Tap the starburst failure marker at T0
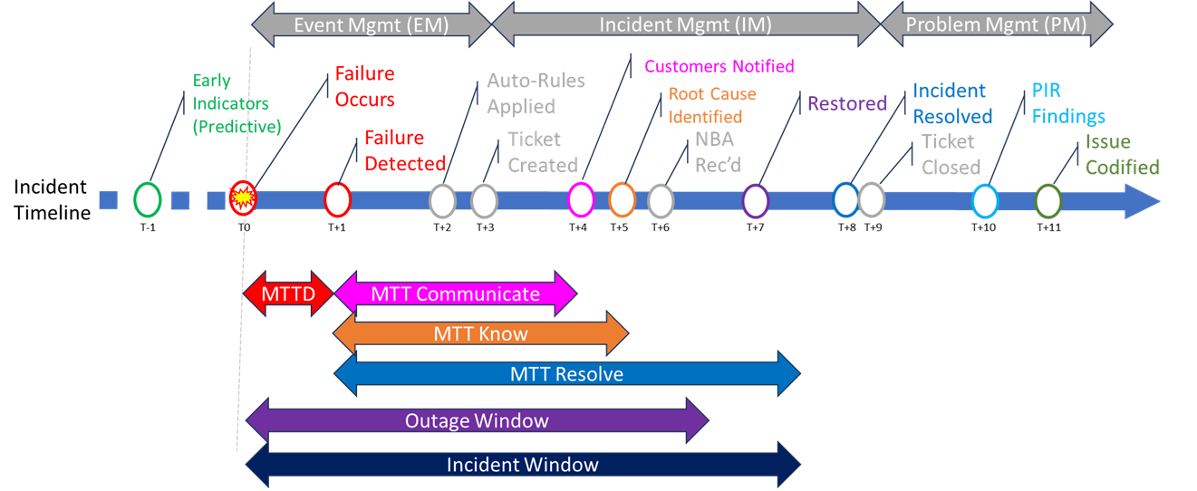point(243,197)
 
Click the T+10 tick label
point(983,227)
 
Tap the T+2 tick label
point(442,227)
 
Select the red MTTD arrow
point(288,294)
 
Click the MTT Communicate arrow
point(456,294)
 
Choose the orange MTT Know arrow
point(481,333)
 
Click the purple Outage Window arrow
point(478,420)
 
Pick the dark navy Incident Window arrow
point(523,465)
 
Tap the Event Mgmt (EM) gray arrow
point(372,24)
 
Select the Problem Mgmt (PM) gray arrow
point(997,24)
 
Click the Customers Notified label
point(719,66)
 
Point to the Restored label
point(847,103)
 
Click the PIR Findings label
point(1068,103)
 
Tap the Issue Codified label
point(1122,154)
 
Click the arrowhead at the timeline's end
point(1143,201)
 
